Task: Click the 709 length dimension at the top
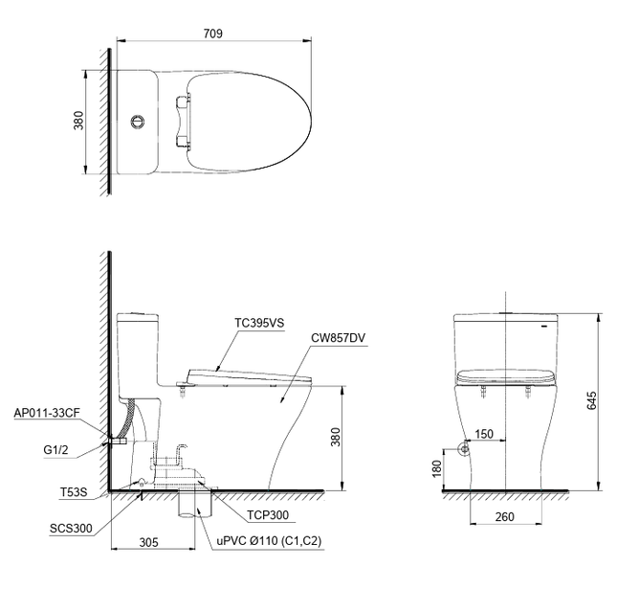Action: point(213,34)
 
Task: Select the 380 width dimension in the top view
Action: point(78,120)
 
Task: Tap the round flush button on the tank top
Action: point(138,121)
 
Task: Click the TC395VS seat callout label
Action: point(259,323)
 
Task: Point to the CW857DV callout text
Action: point(338,338)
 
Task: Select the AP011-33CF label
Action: point(47,413)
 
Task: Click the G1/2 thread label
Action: point(55,449)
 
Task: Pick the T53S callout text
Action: point(74,492)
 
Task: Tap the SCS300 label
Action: point(71,529)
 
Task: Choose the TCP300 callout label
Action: point(268,515)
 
